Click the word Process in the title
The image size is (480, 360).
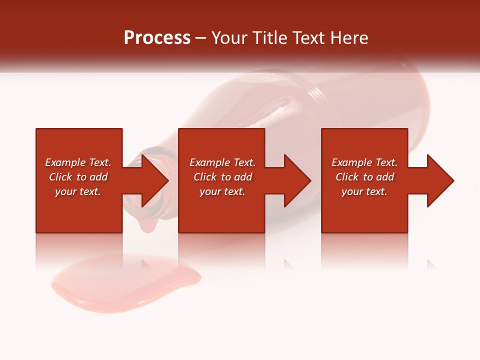point(157,38)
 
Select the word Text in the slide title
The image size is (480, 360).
point(308,38)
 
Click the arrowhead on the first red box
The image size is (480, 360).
point(152,180)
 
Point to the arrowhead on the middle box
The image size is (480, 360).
point(295,180)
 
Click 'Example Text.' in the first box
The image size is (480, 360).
point(78,162)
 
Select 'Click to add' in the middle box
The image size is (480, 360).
point(222,177)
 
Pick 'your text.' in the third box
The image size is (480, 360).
point(364,191)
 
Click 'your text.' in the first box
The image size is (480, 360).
point(78,191)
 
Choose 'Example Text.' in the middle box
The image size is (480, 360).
point(222,162)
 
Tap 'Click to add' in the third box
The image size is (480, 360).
point(364,177)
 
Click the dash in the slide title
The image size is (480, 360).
point(201,38)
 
